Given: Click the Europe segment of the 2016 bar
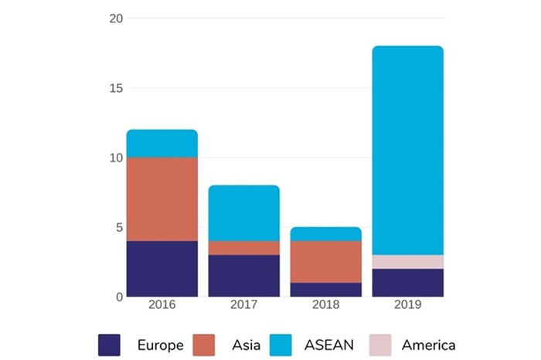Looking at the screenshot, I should (x=162, y=268).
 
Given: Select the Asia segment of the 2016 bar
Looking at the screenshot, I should (x=162, y=199).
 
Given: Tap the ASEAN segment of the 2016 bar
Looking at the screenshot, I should (x=162, y=144).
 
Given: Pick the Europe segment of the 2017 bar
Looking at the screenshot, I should (x=244, y=275).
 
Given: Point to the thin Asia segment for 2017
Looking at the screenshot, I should (x=244, y=248).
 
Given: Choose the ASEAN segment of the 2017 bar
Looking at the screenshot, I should (x=244, y=213).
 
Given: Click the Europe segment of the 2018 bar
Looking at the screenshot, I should (x=326, y=289).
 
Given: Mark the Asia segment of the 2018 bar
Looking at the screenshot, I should (x=326, y=262).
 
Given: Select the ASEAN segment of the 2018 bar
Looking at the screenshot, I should (x=326, y=234).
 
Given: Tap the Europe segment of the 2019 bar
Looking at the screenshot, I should (x=408, y=282).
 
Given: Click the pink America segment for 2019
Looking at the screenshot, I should (x=408, y=262).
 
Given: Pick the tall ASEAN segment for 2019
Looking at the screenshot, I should (x=408, y=151).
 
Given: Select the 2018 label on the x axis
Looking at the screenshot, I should (x=326, y=305).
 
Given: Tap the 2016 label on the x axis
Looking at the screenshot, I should (x=162, y=305).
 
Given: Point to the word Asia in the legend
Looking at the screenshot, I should (x=245, y=345).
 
